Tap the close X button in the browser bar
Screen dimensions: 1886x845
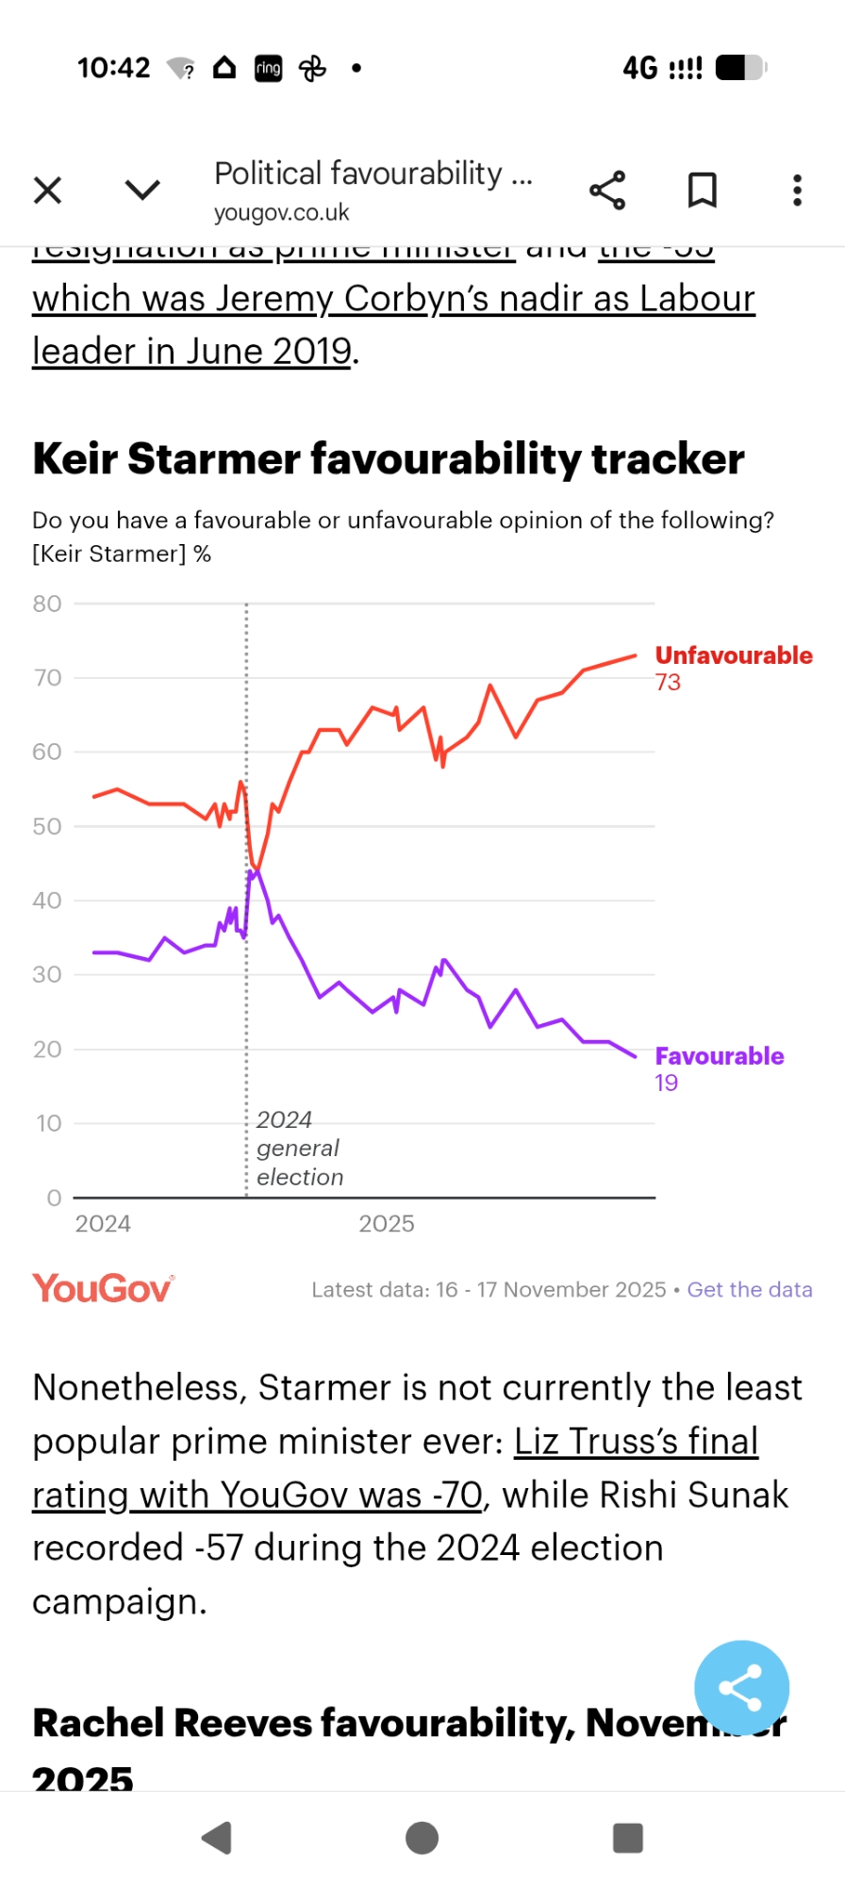pos(47,190)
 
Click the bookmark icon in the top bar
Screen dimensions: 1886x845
pos(702,190)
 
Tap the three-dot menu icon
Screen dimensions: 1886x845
pos(797,190)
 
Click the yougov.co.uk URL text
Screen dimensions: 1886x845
pos(281,213)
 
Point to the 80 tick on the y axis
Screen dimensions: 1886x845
pos(47,604)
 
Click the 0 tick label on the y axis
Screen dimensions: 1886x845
pos(54,1198)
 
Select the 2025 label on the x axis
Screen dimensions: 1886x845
pos(386,1224)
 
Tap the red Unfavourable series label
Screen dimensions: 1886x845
pos(734,655)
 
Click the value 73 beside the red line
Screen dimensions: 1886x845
pos(668,683)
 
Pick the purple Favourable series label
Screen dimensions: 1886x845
pos(720,1056)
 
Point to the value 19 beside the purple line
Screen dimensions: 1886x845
pos(666,1084)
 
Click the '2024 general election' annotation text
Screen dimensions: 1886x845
pos(299,1149)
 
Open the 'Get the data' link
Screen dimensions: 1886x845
pos(750,1290)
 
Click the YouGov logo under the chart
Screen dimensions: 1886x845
pos(103,1288)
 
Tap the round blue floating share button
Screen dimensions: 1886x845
pos(741,1688)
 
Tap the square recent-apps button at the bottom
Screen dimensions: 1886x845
pos(627,1838)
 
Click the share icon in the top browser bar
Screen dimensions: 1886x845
pos(607,190)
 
